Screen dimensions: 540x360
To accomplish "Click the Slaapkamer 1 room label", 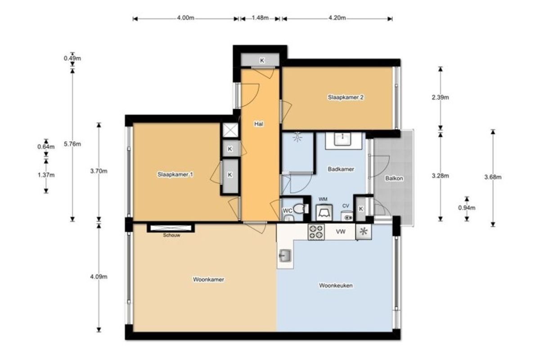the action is (175, 174).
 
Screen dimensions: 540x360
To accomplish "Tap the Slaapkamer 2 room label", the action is (346, 97).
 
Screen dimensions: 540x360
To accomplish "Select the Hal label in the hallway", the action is (259, 124).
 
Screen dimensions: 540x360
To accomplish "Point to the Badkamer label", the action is (341, 169).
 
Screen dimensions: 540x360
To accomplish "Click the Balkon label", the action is (394, 179).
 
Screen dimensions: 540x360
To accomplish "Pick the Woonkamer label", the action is (208, 279).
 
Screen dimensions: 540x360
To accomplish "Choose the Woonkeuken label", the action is (336, 285).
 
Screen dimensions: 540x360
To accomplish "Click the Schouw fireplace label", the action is (171, 235).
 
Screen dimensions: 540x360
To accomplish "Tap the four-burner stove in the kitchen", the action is (316, 232).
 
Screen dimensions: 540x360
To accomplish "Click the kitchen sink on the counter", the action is (285, 256).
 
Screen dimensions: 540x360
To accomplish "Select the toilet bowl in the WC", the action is (301, 209).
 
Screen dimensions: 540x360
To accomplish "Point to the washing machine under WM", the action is (324, 212).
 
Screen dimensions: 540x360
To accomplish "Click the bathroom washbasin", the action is (342, 139).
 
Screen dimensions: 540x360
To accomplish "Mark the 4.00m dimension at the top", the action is (185, 18).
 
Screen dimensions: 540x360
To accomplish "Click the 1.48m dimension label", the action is (260, 18).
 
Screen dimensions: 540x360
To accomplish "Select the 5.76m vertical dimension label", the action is (72, 144).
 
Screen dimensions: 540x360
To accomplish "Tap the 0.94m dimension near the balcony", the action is (467, 207).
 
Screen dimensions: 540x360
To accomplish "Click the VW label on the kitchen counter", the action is (341, 232).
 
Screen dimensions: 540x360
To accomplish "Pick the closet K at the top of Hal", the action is (262, 60).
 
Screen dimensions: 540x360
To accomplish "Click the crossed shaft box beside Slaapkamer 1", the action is (230, 130).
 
